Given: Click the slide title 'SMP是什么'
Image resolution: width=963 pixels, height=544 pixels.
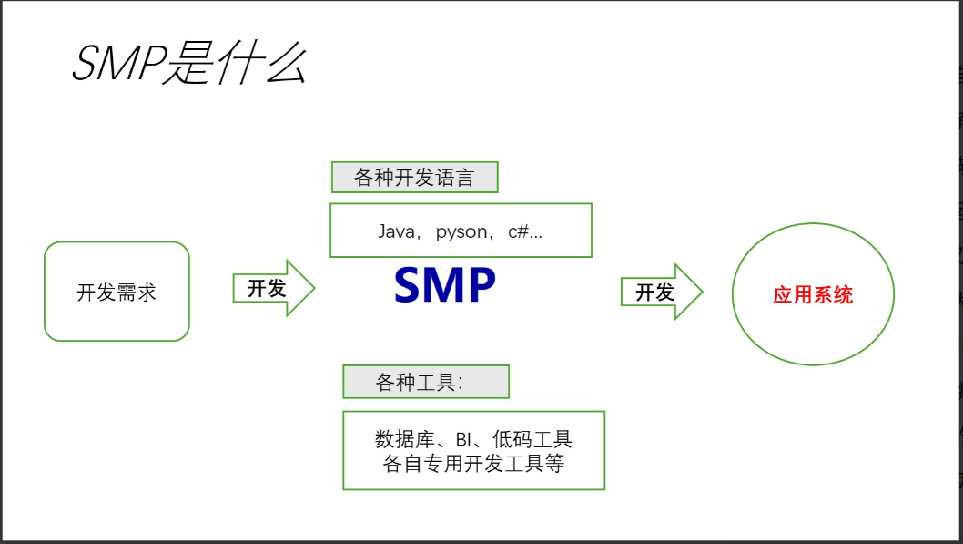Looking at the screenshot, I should [x=189, y=65].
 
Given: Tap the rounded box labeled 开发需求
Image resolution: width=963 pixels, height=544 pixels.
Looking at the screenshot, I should [x=117, y=292].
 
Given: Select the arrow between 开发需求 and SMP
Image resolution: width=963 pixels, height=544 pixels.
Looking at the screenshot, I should [x=273, y=288].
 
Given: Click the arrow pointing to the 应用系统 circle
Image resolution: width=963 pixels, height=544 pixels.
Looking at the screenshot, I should [x=662, y=292].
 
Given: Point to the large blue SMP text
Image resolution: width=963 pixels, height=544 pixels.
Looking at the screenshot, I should [x=444, y=285].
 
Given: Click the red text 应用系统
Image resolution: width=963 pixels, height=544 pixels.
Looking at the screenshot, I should [x=813, y=294].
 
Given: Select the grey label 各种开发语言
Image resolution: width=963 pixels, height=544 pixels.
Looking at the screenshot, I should [x=414, y=178].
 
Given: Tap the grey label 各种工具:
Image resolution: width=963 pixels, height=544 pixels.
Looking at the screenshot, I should [x=425, y=383].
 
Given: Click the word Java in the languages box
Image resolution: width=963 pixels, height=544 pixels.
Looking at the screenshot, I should [x=396, y=231].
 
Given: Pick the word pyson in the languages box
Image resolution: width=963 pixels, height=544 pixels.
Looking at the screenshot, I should [x=461, y=231].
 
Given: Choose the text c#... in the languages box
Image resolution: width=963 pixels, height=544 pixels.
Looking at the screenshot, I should [x=525, y=231].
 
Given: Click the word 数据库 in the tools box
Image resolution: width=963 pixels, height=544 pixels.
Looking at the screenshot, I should [x=404, y=439].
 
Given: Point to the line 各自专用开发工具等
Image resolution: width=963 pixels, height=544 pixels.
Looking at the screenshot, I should [x=473, y=463].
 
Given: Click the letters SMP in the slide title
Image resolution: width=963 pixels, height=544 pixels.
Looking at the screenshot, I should [x=116, y=65].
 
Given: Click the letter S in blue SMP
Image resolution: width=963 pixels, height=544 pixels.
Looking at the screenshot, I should [x=411, y=285].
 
